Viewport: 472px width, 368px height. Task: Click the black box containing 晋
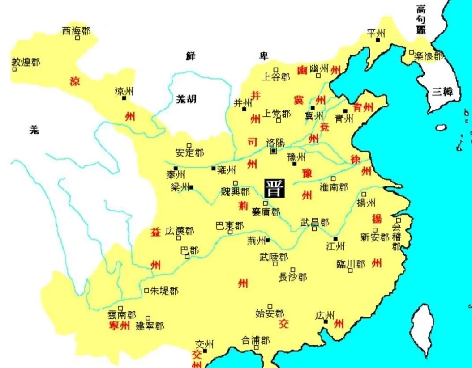274,188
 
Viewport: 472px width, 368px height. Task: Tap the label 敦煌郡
26,62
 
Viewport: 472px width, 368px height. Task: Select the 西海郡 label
76,31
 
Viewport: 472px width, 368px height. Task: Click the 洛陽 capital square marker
274,152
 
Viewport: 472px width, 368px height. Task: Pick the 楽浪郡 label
428,56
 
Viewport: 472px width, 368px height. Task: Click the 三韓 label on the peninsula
442,92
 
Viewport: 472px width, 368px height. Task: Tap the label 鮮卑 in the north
227,56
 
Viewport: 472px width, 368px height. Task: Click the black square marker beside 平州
378,40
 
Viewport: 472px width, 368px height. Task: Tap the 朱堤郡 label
163,291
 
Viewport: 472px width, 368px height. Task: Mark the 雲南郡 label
121,315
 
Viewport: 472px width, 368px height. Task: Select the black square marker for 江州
335,239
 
